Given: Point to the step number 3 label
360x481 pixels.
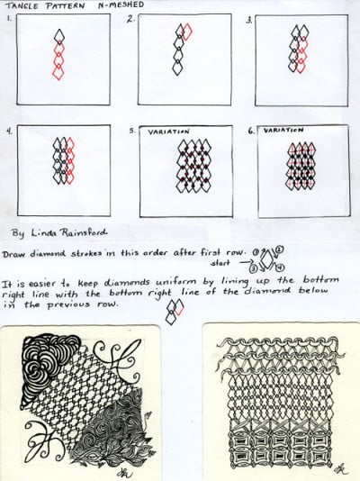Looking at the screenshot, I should [250, 18].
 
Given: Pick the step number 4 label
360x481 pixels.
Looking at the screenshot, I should [9, 131].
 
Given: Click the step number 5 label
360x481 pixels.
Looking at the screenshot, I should [131, 131].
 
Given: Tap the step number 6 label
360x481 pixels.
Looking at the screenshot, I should [251, 131].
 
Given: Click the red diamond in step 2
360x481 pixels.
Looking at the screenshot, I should [186, 34].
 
